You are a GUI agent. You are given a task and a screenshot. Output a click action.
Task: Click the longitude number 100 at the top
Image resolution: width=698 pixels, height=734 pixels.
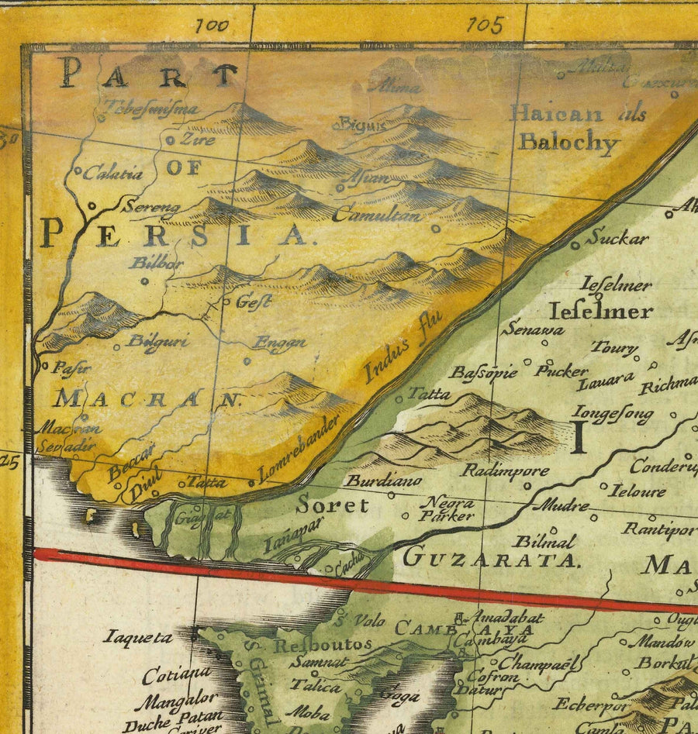click(x=212, y=26)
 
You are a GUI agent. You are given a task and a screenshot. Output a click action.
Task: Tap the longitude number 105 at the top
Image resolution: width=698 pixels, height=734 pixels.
click(x=486, y=25)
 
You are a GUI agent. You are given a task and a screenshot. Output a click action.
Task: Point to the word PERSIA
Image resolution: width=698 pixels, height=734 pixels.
click(x=175, y=233)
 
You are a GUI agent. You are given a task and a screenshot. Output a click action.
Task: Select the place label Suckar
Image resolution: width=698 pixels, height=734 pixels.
click(x=616, y=238)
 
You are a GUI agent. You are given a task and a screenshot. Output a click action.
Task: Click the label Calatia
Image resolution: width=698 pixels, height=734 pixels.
click(x=113, y=174)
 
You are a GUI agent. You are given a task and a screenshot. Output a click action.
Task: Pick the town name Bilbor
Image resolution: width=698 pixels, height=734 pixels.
click(x=157, y=263)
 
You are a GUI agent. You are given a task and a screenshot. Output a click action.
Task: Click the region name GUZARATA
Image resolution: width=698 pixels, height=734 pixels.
click(x=491, y=558)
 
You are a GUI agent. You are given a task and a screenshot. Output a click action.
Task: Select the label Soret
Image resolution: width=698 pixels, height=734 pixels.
click(x=333, y=505)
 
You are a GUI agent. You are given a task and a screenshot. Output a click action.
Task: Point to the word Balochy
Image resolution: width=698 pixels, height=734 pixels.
click(x=569, y=143)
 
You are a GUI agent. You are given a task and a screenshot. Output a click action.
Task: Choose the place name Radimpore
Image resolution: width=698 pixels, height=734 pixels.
click(x=506, y=470)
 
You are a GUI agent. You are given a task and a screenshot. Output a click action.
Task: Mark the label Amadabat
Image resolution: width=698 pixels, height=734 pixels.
click(x=509, y=618)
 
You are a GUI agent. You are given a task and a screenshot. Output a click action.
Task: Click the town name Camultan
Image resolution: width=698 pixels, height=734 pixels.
click(x=378, y=215)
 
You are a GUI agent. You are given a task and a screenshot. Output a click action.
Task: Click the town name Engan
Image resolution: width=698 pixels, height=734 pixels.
click(x=281, y=342)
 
